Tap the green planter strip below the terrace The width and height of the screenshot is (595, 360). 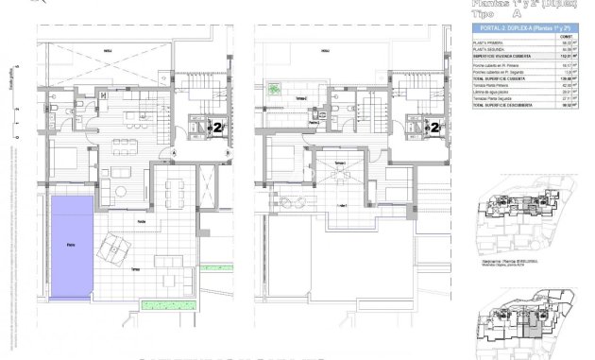[167, 304]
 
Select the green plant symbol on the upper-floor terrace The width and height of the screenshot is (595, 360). [276, 91]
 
